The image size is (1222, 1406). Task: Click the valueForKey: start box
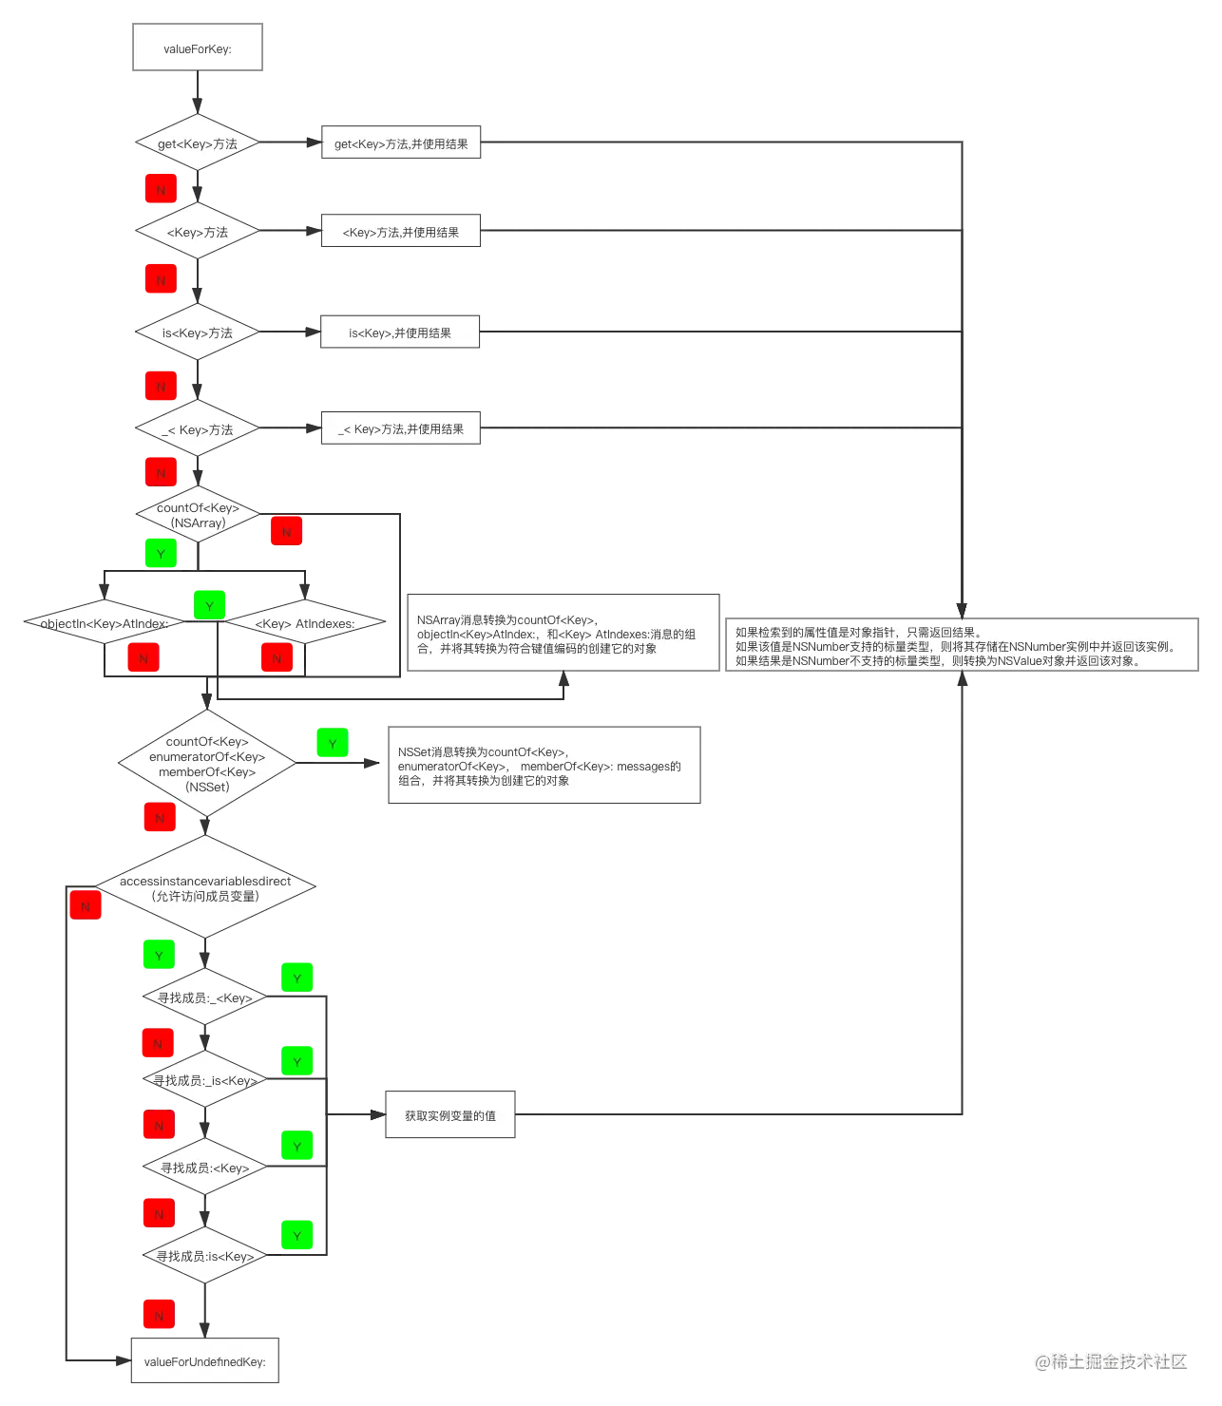coord(197,48)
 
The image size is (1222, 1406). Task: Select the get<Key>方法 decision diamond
coord(197,143)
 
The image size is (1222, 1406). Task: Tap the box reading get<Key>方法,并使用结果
coord(402,143)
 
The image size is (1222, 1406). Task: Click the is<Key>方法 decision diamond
coord(197,332)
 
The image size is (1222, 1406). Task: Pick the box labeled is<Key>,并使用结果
coord(399,332)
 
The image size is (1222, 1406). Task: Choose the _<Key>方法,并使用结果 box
coord(401,429)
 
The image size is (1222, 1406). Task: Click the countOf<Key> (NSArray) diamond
coord(198,515)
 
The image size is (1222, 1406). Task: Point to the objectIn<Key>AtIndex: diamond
coord(103,623)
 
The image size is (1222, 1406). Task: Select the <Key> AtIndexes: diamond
coord(305,623)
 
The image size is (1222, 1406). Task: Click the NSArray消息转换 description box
coord(562,634)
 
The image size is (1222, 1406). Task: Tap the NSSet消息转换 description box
coord(544,766)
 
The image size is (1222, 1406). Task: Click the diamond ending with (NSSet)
coord(207,764)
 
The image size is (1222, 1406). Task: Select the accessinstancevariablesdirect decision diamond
coord(205,887)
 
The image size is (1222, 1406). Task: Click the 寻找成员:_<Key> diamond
coord(205,997)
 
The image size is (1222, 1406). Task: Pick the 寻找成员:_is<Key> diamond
coord(205,1080)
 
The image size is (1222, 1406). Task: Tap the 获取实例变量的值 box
coord(449,1115)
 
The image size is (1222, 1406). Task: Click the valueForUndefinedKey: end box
coord(204,1361)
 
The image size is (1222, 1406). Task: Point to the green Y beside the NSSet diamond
coord(332,743)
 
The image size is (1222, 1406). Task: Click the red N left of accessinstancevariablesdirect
coord(86,905)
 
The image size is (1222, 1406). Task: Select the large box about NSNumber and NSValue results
coord(962,646)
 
